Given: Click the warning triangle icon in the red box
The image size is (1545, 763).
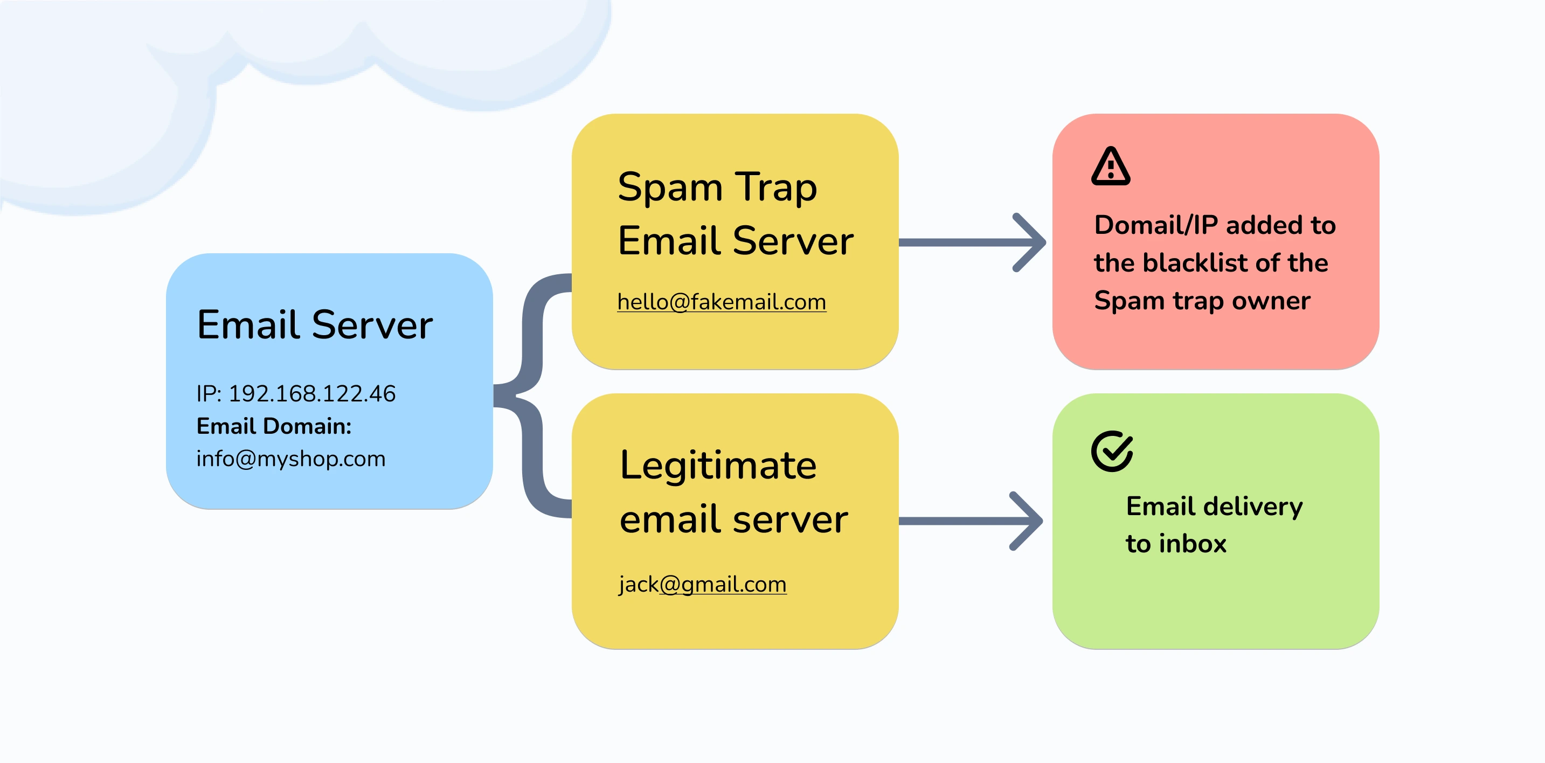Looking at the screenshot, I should tap(1111, 166).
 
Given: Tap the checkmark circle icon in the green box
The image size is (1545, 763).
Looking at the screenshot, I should tap(1112, 451).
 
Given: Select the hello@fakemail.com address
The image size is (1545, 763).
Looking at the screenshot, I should tap(722, 302).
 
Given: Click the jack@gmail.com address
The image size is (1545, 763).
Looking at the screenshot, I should tap(702, 584).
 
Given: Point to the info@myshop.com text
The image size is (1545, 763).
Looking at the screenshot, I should tap(291, 459).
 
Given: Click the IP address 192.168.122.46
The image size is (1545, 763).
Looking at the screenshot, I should tap(312, 393).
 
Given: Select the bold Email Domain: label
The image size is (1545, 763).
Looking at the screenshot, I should tap(274, 426).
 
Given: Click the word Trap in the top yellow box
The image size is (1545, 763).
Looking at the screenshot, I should tap(776, 187).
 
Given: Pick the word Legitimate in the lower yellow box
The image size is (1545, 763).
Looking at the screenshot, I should tap(718, 466).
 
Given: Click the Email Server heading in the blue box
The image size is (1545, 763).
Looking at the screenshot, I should tap(315, 325).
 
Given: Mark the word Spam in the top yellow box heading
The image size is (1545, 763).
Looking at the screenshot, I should tap(670, 187).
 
